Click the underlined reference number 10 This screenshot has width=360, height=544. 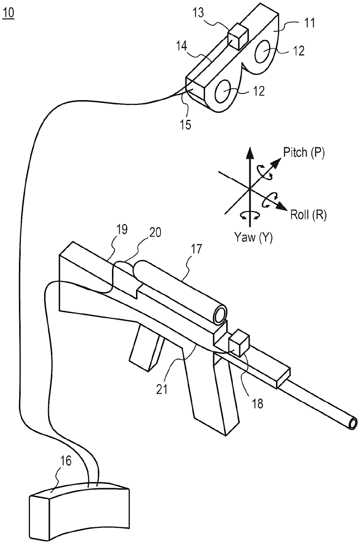(9, 13)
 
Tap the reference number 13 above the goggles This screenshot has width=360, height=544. (198, 13)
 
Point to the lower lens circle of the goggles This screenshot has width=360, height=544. (224, 91)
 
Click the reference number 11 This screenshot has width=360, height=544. (309, 23)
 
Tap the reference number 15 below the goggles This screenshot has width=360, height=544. (185, 124)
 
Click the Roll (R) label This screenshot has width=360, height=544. (308, 215)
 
